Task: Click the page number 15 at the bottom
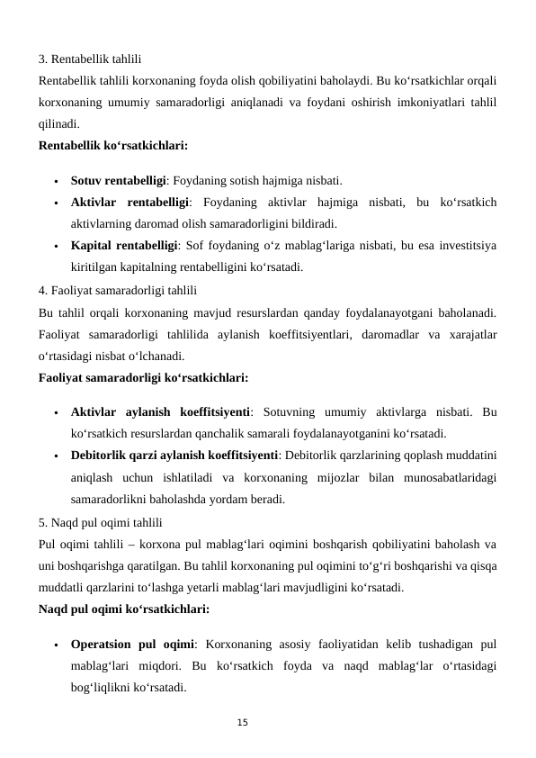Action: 242,723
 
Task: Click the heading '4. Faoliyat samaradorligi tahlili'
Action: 118,291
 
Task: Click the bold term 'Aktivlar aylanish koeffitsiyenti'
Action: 161,413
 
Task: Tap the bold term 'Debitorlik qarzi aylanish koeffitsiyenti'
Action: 174,456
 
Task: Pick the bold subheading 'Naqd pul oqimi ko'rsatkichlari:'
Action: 123,608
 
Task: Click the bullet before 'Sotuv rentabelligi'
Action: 56,180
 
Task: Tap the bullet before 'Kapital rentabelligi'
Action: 56,245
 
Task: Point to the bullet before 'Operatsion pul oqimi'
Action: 56,645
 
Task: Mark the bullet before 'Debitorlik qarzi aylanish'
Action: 56,457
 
